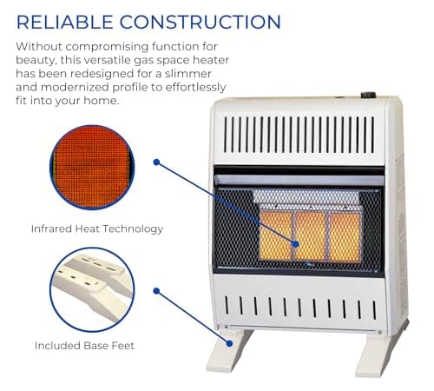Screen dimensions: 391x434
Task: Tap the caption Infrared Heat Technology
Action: click(x=97, y=229)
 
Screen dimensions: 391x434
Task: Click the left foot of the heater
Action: click(x=229, y=348)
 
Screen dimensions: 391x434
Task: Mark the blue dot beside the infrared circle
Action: click(x=156, y=162)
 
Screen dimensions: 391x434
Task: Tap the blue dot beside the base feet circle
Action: click(x=156, y=290)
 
